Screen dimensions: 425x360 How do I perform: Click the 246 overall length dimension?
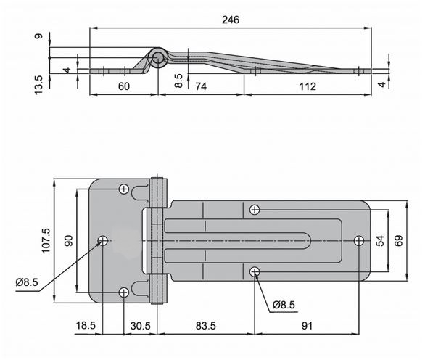231,20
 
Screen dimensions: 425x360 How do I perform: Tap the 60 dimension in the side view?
124,86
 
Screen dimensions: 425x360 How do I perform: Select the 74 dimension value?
201,86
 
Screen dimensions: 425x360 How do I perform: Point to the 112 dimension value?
308,86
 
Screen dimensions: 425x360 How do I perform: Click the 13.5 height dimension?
38,85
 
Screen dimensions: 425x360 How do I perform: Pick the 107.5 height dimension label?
46,241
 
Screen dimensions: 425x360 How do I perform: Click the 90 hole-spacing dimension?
69,241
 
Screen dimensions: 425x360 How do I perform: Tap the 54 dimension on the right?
380,241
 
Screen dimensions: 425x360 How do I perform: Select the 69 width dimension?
398,241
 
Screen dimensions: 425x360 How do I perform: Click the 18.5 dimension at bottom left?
86,325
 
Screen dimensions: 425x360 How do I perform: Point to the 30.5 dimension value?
140,326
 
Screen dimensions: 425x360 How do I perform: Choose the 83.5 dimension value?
206,326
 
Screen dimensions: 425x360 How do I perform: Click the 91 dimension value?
307,326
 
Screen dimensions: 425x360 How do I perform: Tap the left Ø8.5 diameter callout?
27,282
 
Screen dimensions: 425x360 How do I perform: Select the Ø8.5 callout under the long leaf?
284,305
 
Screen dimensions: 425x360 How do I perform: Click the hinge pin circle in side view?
157,58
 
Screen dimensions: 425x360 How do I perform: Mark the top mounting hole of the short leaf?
124,189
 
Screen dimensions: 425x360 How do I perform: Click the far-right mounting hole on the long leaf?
359,241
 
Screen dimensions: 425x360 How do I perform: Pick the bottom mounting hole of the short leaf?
124,292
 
